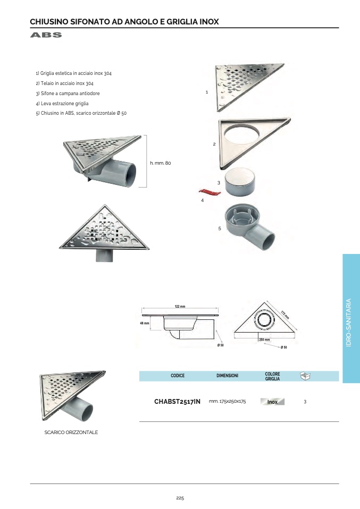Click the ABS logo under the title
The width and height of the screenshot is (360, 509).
pyautogui.click(x=46, y=35)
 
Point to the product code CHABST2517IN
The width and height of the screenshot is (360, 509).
pyautogui.click(x=177, y=402)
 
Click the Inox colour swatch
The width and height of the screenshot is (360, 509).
pyautogui.click(x=272, y=402)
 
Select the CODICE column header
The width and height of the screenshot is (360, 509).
pyautogui.click(x=178, y=376)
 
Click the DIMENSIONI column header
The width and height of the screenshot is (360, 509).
pyautogui.click(x=227, y=376)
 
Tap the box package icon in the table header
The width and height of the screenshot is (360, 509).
pyautogui.click(x=305, y=376)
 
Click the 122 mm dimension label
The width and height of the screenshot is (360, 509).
pyautogui.click(x=180, y=307)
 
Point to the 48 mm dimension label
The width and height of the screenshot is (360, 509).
pyautogui.click(x=144, y=323)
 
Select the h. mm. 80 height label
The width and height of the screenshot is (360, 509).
pyautogui.click(x=161, y=163)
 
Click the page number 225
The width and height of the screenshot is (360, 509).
pyautogui.click(x=180, y=498)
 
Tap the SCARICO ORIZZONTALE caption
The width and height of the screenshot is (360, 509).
pyautogui.click(x=71, y=432)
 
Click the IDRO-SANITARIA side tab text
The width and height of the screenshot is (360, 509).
pyautogui.click(x=349, y=323)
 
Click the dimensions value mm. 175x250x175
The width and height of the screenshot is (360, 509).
pyautogui.click(x=227, y=402)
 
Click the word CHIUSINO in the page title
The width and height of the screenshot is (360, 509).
pyautogui.click(x=49, y=22)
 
